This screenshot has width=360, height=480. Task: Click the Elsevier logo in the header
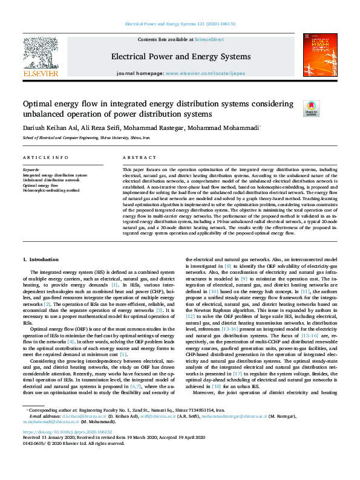pos(40,58)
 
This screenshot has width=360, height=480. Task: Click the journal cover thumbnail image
pos(319,55)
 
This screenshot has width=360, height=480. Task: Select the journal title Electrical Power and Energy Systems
pos(180,57)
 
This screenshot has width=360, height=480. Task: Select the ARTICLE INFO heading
pos(45,158)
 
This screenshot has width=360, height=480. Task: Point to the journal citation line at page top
pos(180,24)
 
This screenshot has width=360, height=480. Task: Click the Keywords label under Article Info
pos(31,170)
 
